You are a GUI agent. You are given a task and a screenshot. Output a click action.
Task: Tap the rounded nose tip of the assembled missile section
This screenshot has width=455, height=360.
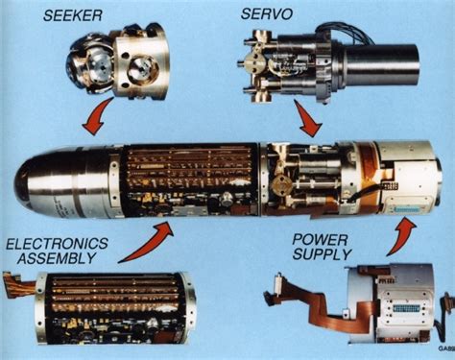[x=24, y=182]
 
